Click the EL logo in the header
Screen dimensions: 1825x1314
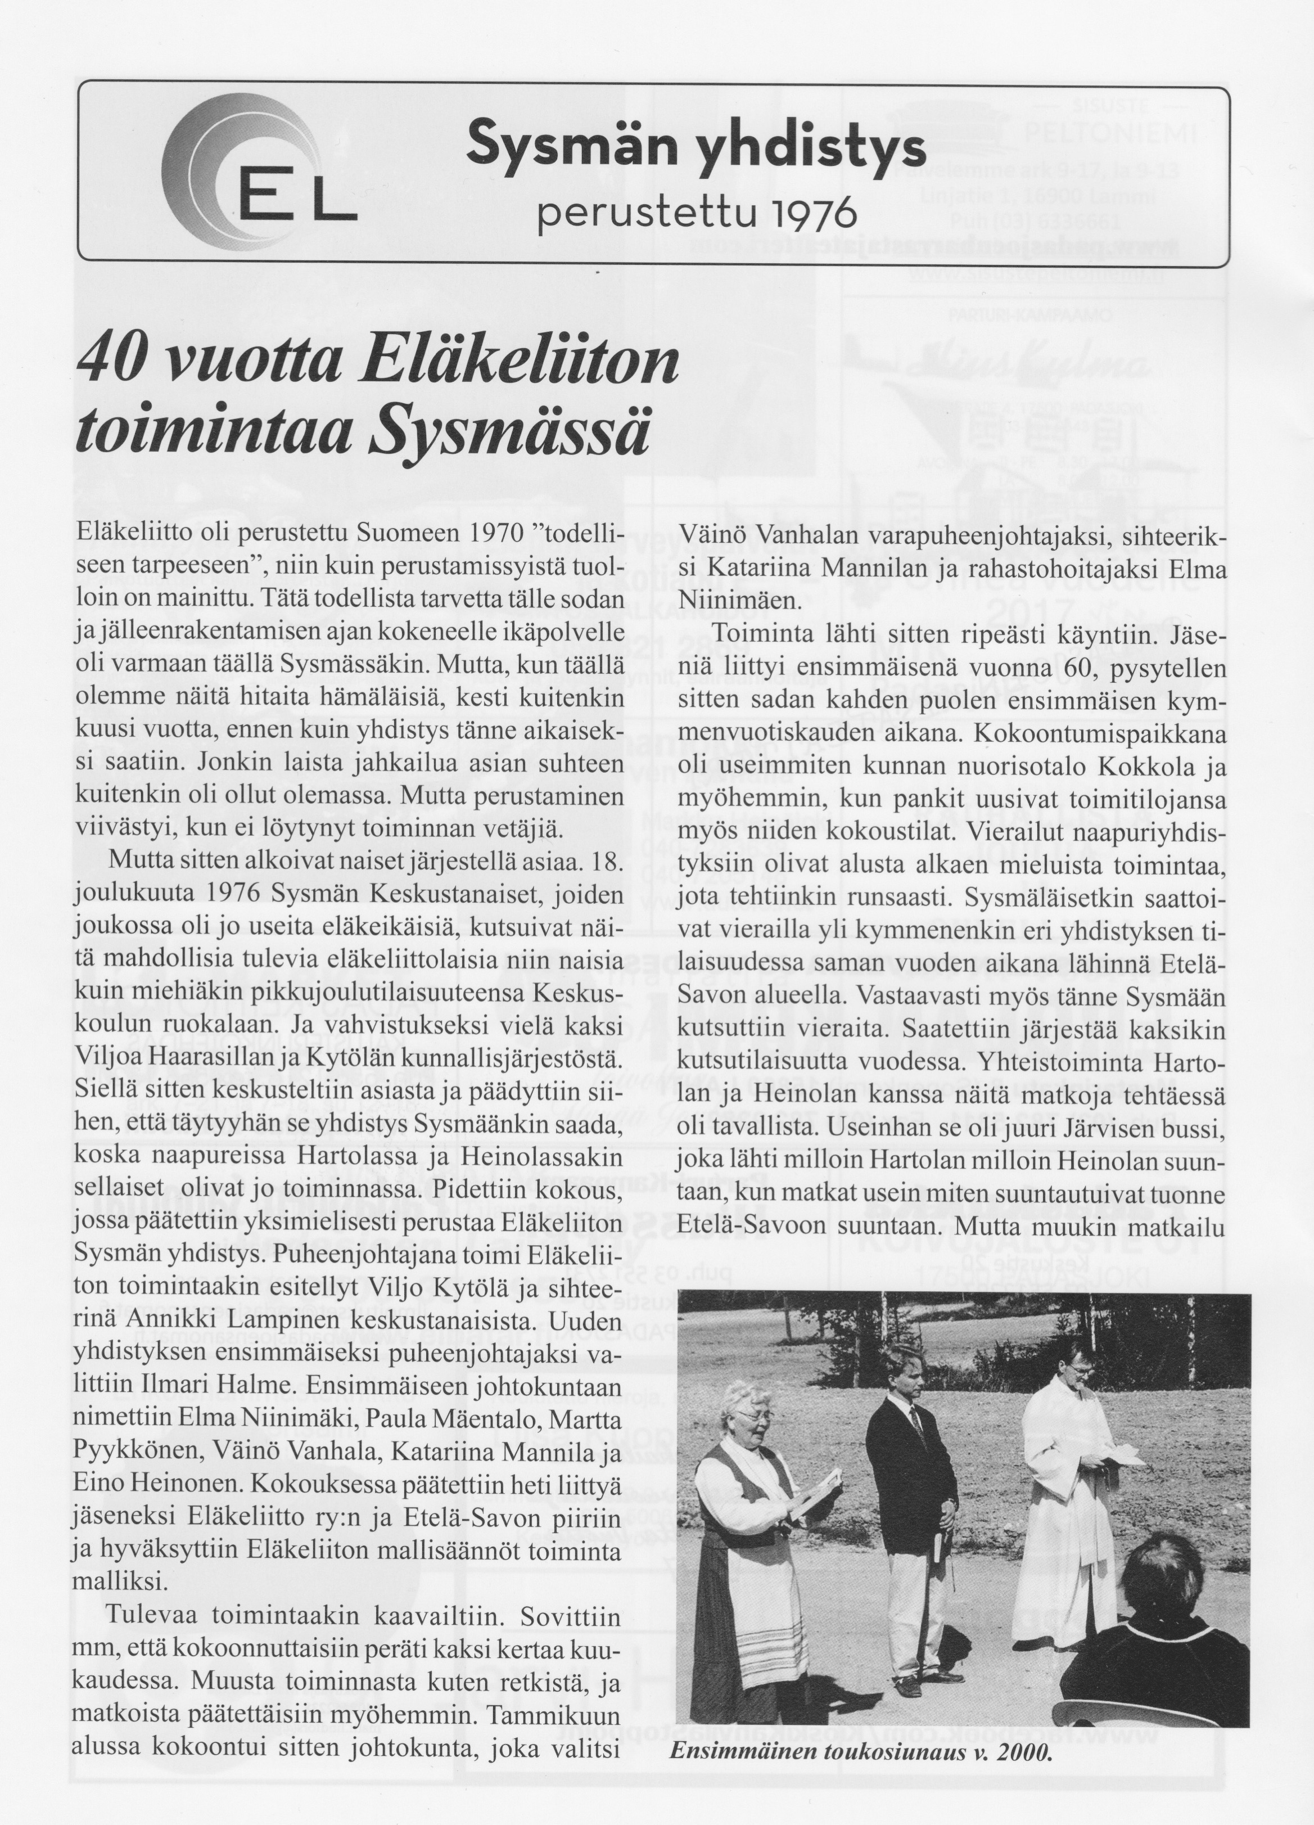tap(258, 173)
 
